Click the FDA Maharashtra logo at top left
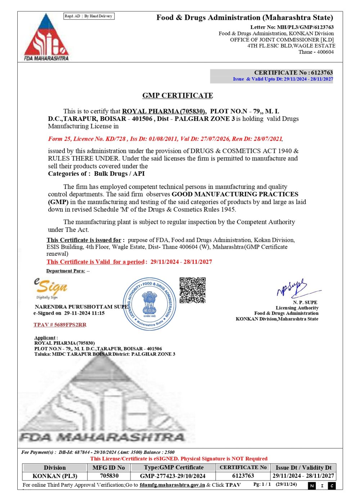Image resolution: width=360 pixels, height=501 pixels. click(x=46, y=37)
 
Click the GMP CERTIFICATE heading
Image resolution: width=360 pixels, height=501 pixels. click(x=177, y=95)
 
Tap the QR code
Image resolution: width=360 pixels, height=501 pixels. click(x=193, y=290)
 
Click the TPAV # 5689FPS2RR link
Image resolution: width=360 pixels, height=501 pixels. click(x=60, y=325)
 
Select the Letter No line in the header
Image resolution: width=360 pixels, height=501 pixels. click(x=292, y=27)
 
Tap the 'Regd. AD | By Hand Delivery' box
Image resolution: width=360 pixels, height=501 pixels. click(x=89, y=16)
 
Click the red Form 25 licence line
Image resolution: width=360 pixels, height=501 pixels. click(x=165, y=139)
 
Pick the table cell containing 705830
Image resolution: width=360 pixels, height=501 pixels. click(x=109, y=476)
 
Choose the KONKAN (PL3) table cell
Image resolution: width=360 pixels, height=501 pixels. click(x=55, y=476)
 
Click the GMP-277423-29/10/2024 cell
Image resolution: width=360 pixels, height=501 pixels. click(x=173, y=476)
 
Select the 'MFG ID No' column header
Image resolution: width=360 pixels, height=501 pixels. click(x=109, y=468)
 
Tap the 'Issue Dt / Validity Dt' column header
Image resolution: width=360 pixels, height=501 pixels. click(x=303, y=468)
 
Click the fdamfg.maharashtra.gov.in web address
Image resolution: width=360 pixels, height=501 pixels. click(x=172, y=485)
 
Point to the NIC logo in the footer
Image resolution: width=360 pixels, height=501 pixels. click(x=322, y=486)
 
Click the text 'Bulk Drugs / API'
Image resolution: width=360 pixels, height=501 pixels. click(x=119, y=173)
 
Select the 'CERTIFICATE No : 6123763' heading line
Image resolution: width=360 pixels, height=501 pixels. click(x=293, y=72)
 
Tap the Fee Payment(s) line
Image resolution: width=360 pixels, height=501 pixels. click(x=98, y=452)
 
